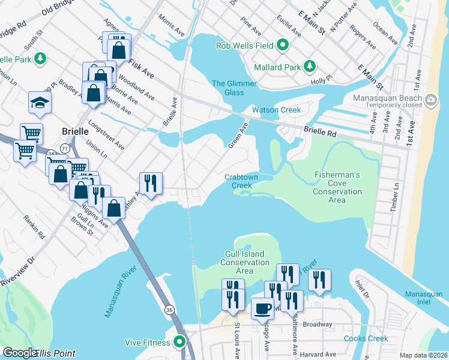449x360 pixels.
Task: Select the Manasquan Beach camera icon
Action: pos(430,99)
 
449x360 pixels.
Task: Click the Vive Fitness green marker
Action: pos(179,342)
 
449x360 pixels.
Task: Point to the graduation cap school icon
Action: pos(39,103)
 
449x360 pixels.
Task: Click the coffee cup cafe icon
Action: pos(262,308)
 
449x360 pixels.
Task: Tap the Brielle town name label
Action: pos(76,131)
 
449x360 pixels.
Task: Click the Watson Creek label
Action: pos(276,110)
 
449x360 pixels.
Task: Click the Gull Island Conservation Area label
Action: pos(244,263)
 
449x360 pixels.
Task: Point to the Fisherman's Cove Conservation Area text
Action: pos(337,187)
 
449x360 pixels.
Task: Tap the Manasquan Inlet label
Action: pos(423,298)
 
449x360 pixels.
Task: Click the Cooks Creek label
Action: pos(366,338)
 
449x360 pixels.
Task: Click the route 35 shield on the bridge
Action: pos(170,310)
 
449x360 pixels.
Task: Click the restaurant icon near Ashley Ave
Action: pos(151,183)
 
